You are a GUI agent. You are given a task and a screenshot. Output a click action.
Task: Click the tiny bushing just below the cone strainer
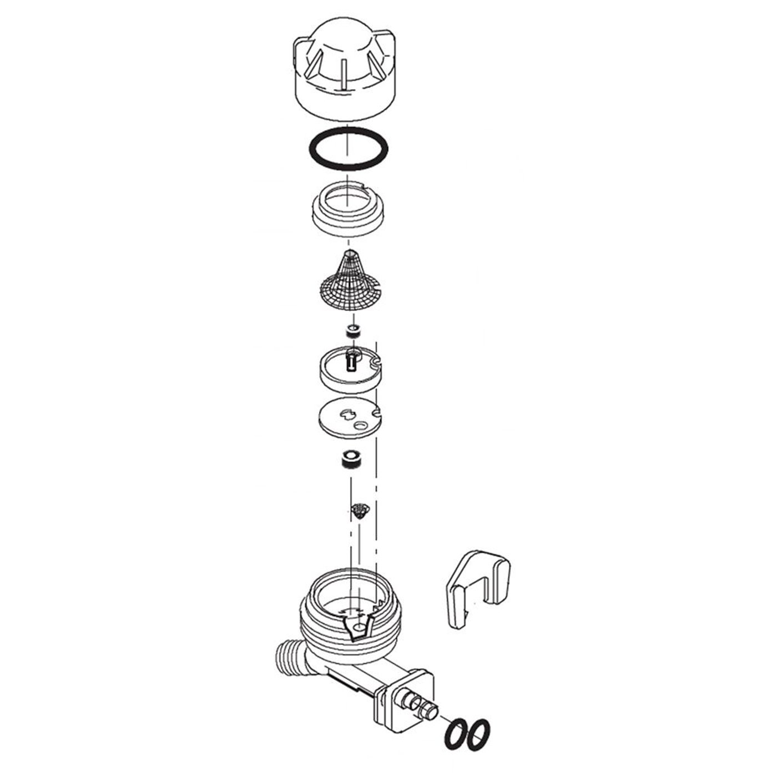pyautogui.click(x=351, y=332)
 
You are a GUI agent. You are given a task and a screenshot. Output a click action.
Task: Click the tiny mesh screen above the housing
pyautogui.click(x=361, y=509)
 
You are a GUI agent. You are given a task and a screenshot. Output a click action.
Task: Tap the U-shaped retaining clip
pyautogui.click(x=477, y=589)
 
